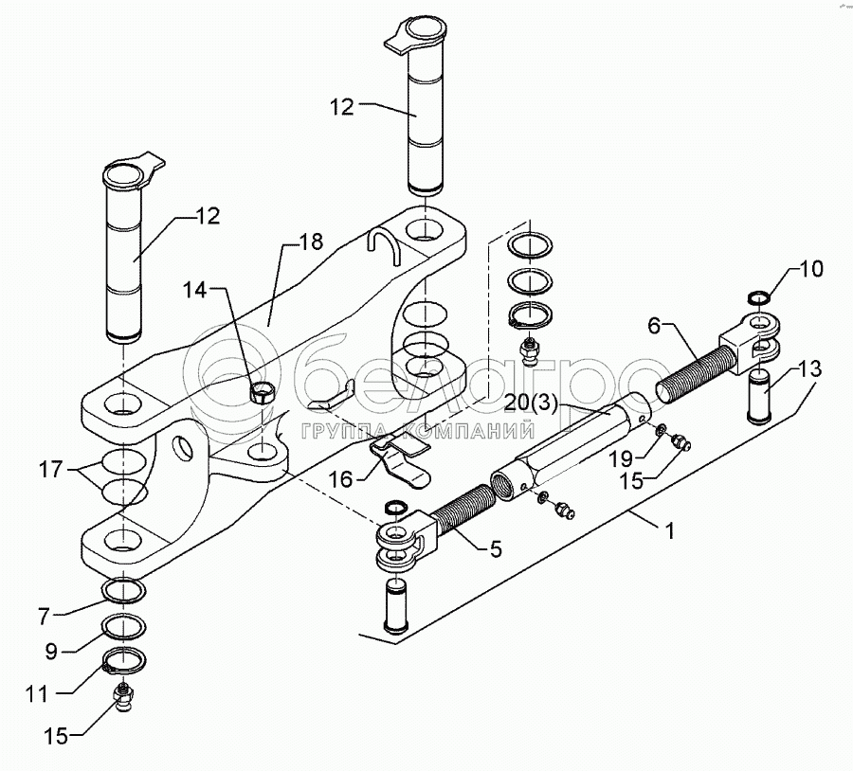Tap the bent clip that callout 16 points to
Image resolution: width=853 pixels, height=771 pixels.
click(398, 453)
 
